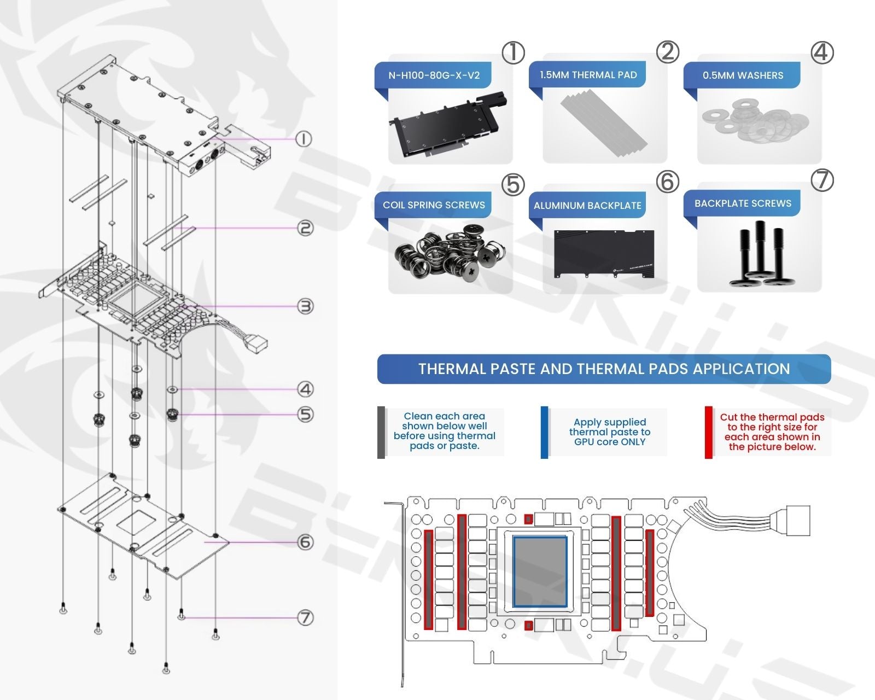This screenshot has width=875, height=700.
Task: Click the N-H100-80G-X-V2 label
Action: coord(434,75)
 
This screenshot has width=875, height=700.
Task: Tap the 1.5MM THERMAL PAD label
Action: coord(588,75)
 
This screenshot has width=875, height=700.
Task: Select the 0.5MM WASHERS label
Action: coord(743,75)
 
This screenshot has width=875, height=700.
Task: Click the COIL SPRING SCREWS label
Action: coord(434,205)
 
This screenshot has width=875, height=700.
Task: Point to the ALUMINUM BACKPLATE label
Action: coord(587,206)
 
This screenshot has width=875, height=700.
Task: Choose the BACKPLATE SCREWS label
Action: coord(743,203)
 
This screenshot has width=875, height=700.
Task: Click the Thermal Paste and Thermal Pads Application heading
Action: coord(604,369)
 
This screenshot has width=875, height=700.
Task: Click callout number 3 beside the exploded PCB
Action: coord(305,306)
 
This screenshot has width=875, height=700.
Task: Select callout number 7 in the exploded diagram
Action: coord(305,618)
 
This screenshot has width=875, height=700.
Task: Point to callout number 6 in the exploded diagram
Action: coord(305,542)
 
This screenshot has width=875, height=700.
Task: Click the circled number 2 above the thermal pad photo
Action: coord(667,52)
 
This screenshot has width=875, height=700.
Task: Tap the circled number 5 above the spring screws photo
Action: coord(513,185)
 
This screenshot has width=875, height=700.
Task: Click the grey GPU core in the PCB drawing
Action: coord(540,571)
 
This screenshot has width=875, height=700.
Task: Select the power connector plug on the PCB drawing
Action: coord(797,520)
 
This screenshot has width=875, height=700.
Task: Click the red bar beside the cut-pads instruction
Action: coord(708,432)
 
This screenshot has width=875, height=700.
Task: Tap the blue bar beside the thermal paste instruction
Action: coord(544,432)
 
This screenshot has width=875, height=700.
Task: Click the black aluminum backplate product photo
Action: coord(604,254)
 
